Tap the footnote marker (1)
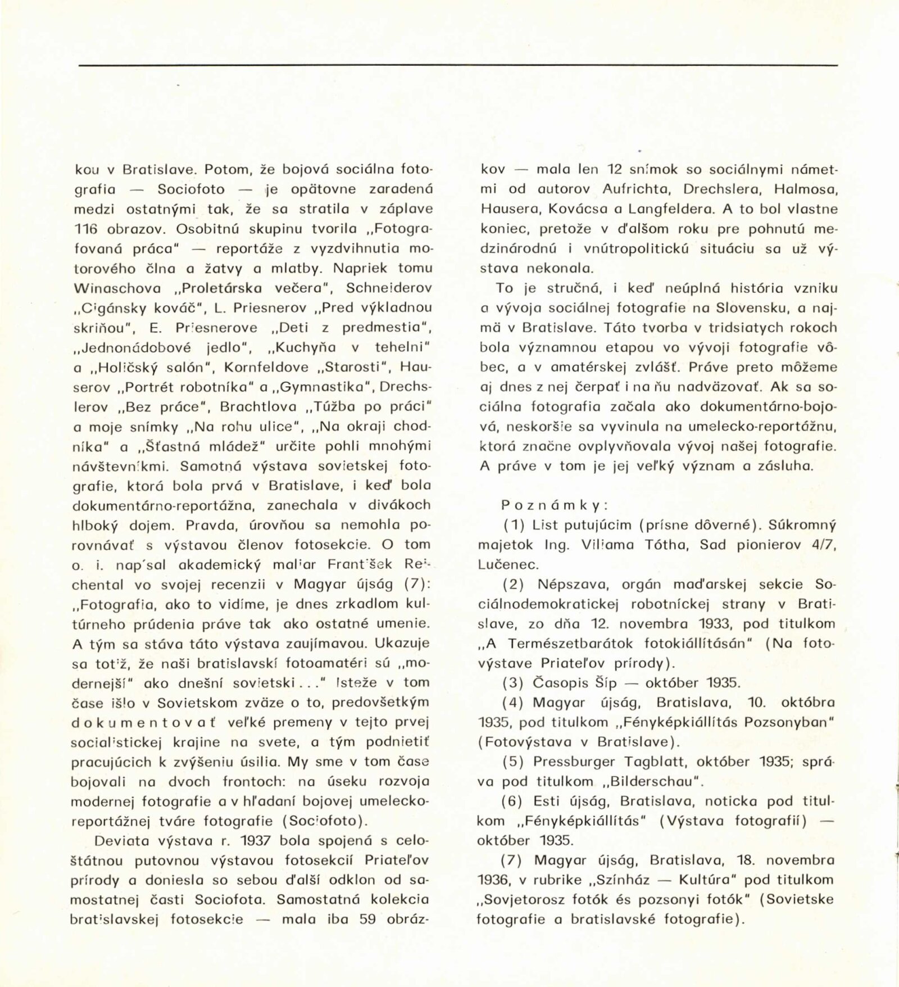pyautogui.click(x=514, y=525)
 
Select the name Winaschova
pyautogui.click(x=117, y=288)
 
